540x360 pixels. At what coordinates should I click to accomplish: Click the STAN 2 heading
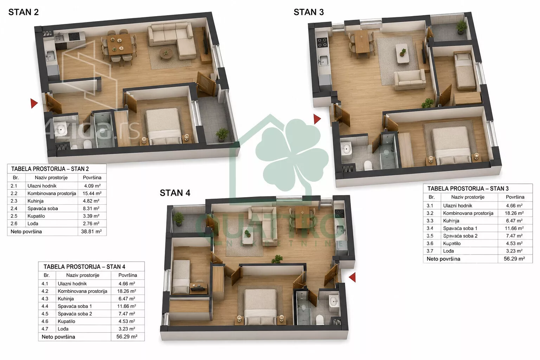(24, 12)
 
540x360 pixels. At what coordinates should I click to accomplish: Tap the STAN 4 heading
(175, 193)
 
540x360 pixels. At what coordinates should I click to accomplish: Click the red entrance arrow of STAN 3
(317, 119)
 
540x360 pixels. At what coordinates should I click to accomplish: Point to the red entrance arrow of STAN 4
(353, 277)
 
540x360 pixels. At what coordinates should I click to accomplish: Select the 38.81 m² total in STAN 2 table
(91, 231)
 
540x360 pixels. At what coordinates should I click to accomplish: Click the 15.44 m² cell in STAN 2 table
(92, 193)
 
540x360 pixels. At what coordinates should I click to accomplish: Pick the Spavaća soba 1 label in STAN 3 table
(460, 229)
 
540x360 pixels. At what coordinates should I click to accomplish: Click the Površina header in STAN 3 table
(515, 197)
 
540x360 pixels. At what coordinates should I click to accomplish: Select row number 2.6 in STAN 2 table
(14, 224)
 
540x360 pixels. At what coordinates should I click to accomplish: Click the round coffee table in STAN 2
(166, 53)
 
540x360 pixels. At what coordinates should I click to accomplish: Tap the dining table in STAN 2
(120, 44)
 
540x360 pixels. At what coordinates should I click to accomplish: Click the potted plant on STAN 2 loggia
(222, 134)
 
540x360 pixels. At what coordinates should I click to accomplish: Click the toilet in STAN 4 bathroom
(320, 320)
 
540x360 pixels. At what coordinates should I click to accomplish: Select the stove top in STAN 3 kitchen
(322, 43)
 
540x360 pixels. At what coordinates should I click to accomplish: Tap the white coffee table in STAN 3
(402, 53)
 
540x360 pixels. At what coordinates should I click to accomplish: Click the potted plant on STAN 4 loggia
(178, 219)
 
